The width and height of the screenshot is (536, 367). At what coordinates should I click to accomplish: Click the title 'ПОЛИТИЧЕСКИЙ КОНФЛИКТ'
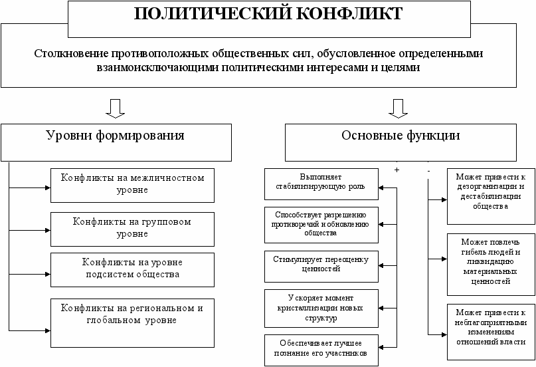(268, 14)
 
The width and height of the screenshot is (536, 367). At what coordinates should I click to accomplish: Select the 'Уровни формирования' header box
(115, 136)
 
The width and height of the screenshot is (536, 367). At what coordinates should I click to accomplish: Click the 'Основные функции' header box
(401, 136)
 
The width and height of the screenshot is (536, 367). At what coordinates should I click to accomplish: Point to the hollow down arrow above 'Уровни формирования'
(114, 108)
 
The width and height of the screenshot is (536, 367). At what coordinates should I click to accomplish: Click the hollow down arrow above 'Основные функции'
(397, 108)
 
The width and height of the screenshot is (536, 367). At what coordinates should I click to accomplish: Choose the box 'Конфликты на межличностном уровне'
(132, 184)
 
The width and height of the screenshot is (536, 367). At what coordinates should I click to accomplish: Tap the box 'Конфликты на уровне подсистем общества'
(132, 268)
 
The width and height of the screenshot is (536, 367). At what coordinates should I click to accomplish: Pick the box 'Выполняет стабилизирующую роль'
(321, 183)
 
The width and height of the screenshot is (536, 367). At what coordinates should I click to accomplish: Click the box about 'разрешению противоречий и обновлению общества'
(321, 224)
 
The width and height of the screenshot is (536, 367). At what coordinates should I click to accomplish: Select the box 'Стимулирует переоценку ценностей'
(321, 264)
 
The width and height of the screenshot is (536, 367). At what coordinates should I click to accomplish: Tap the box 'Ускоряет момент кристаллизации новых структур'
(321, 306)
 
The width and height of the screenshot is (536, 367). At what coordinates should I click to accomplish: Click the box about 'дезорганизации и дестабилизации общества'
(491, 197)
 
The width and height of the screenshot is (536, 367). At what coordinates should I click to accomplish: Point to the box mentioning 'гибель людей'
(491, 264)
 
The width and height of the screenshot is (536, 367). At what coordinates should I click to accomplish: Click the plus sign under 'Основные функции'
(397, 171)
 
